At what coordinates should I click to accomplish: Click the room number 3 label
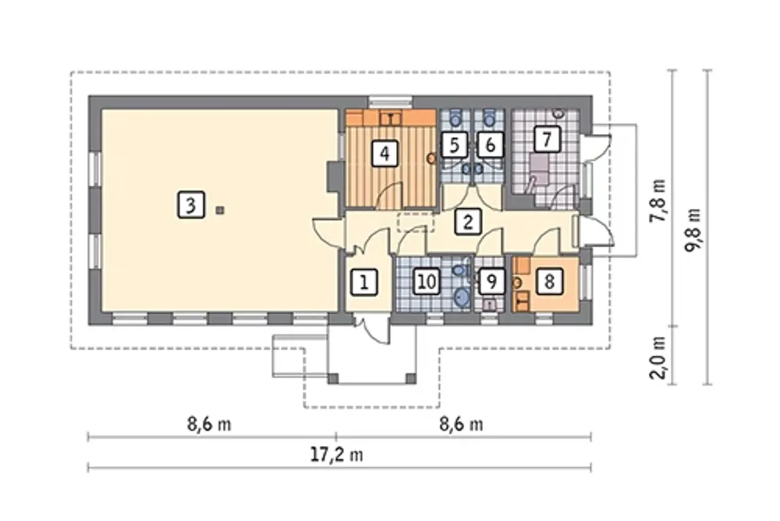coord(191,205)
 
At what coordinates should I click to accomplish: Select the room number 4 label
coord(385,153)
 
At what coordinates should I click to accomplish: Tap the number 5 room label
coord(454,145)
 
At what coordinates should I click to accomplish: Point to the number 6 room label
coord(490,145)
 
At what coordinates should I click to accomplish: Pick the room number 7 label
coord(547,140)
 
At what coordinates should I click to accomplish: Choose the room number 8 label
coord(550,282)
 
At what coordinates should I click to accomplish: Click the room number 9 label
coord(492,282)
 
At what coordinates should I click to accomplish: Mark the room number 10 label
coord(427,282)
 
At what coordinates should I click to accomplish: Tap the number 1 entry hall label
coord(364,282)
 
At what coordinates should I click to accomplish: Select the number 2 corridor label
coord(468,221)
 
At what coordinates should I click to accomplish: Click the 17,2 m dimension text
coord(336,455)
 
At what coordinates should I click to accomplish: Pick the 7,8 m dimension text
coord(658,200)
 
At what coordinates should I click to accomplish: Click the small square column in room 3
coord(219,210)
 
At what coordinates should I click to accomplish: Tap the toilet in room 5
coord(455,118)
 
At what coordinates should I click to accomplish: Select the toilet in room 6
coord(489,118)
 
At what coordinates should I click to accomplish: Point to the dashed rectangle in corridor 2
coord(416,222)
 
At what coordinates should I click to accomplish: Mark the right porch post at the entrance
coord(411,378)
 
